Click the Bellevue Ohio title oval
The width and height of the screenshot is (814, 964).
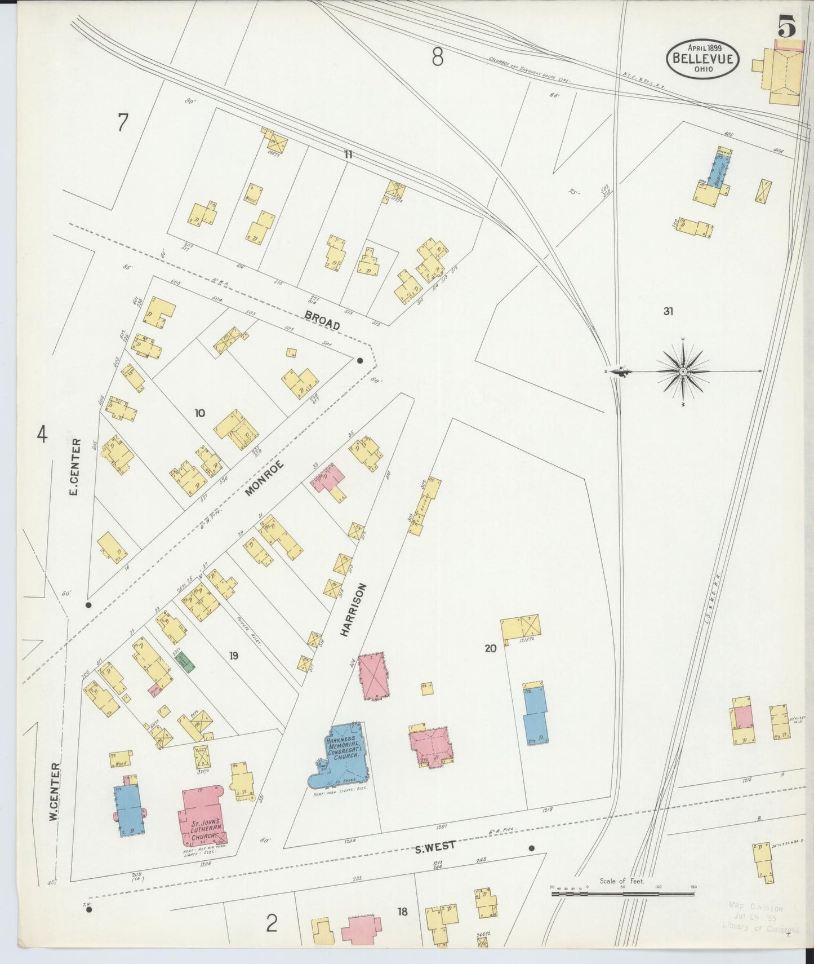click(x=703, y=59)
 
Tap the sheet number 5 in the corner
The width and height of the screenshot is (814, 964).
click(x=788, y=26)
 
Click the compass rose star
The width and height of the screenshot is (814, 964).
click(x=683, y=372)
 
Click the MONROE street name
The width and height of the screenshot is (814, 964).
click(x=264, y=479)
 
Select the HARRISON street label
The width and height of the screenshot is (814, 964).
click(x=353, y=610)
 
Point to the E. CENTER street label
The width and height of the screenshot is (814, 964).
click(x=73, y=468)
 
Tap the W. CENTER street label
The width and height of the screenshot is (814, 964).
click(x=54, y=791)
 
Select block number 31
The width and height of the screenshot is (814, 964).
click(x=668, y=311)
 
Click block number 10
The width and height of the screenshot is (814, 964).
click(x=199, y=413)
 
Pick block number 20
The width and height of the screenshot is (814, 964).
click(x=490, y=649)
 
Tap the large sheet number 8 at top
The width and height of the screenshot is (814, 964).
click(x=437, y=57)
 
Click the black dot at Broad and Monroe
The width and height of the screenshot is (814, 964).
click(x=359, y=360)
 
